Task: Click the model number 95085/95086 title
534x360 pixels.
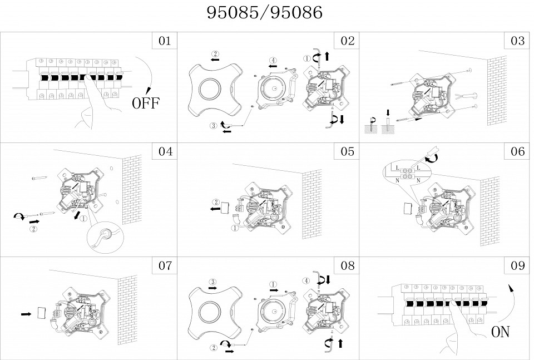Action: (265, 13)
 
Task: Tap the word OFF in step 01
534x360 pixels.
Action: (145, 103)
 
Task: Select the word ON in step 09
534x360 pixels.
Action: (500, 332)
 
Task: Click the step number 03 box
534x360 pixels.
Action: (518, 41)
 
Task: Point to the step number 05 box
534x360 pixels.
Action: (347, 151)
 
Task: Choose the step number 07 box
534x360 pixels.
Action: (165, 265)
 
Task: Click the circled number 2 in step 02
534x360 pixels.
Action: (215, 54)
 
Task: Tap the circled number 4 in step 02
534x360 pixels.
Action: (273, 60)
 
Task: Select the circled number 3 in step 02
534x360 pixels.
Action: (214, 126)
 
